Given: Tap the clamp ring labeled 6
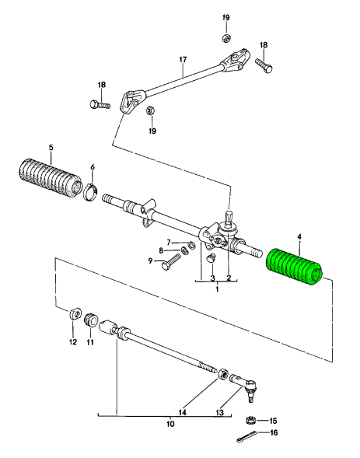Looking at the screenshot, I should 91,191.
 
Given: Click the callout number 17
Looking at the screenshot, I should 183,59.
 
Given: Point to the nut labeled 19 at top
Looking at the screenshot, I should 225,36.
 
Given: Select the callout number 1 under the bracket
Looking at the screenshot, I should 217,289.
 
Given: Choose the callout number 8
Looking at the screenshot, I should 162,250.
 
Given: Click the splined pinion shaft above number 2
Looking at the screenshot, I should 230,217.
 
